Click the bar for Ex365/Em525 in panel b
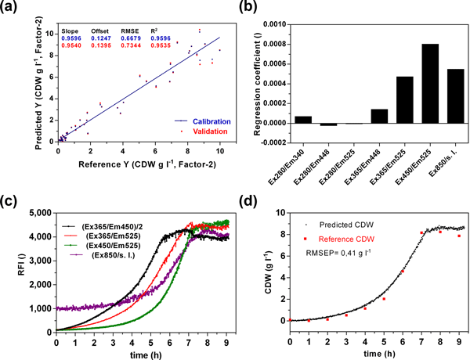tap(382, 100)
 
